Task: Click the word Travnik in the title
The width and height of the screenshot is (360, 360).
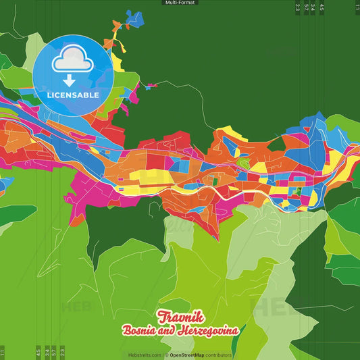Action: [x=180, y=316]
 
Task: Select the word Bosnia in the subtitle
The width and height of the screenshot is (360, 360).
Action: [x=138, y=330]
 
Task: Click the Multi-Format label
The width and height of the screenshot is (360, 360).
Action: [x=180, y=3]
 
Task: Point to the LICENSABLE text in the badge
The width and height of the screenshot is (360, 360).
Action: [x=73, y=95]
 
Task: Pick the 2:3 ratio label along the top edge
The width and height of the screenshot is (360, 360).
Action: [x=298, y=8]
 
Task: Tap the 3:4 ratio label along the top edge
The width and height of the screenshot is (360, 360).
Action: [x=312, y=8]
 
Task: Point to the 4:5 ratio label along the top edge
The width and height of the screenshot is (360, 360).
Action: [x=322, y=8]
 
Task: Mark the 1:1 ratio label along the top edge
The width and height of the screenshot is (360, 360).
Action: [x=357, y=8]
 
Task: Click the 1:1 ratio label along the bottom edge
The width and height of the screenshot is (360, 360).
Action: [x=3, y=352]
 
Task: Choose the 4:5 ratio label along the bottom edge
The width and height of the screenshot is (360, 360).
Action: [x=38, y=352]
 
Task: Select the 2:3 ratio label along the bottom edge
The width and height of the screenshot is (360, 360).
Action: [x=62, y=352]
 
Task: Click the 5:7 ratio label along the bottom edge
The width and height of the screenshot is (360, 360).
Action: [x=54, y=352]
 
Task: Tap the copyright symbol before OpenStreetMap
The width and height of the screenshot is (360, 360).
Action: [x=165, y=355]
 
